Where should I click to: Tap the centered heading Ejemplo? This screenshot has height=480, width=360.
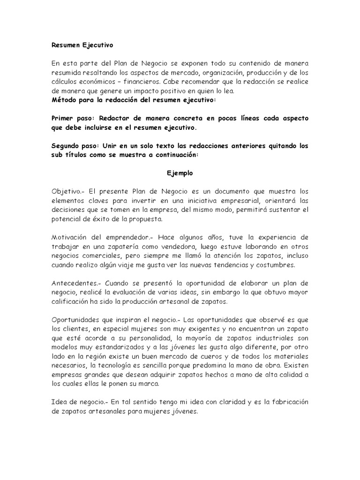[180, 172]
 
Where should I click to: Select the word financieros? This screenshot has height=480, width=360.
[136, 82]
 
